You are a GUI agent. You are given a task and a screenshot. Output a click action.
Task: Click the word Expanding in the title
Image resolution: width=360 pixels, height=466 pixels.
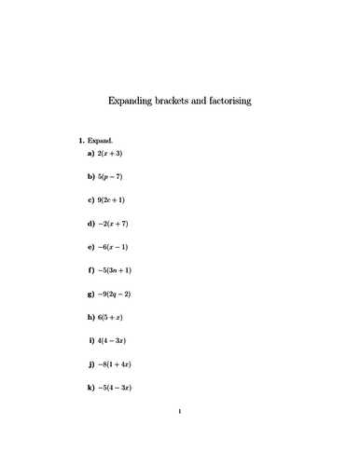pyautogui.click(x=134, y=100)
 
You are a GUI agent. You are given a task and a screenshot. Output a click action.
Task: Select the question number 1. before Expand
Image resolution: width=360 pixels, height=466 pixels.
pyautogui.click(x=81, y=141)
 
